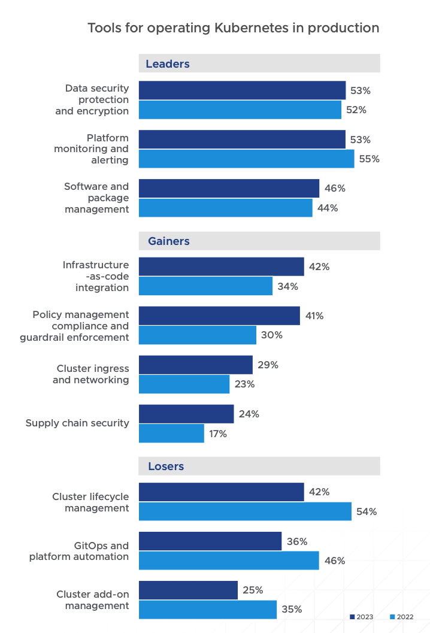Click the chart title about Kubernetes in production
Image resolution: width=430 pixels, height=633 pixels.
233,28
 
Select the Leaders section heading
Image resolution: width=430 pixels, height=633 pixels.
167,63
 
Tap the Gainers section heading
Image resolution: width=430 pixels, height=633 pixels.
168,241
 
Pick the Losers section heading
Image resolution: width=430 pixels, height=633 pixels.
166,466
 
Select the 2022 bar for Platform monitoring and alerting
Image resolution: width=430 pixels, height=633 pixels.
246,159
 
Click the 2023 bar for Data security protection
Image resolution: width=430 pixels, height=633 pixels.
242,90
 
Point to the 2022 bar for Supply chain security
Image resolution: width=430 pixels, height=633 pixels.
171,434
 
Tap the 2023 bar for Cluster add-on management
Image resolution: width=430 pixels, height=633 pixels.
188,590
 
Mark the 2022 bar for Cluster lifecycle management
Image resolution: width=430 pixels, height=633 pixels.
245,511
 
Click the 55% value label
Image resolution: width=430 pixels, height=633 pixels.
369,159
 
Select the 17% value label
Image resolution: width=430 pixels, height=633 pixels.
218,434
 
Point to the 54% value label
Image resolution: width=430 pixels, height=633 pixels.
367,511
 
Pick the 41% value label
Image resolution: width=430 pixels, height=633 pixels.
314,316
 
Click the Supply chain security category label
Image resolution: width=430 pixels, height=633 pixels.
77,423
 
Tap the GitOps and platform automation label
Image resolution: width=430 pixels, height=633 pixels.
79,551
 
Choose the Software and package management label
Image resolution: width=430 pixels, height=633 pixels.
96,198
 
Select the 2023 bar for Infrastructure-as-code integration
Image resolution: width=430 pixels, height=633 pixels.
221,266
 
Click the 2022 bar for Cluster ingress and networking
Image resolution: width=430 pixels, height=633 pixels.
184,384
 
